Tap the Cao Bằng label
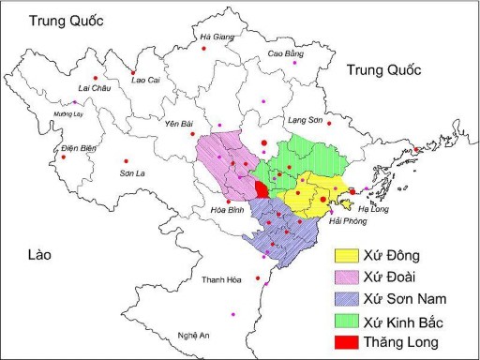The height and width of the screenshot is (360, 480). pyautogui.click(x=286, y=54)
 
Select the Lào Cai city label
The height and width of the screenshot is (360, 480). pyautogui.click(x=145, y=81)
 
